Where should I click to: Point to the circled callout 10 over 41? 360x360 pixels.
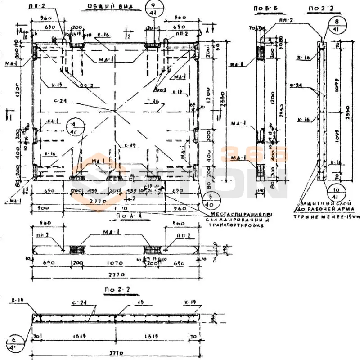[x=333, y=191]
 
